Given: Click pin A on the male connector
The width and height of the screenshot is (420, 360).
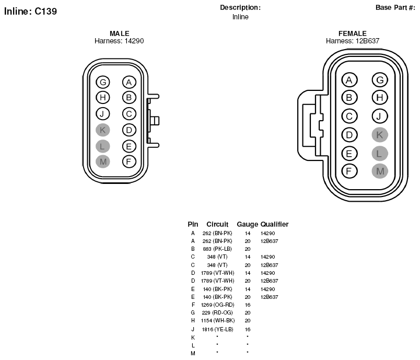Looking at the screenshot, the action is click(129, 82).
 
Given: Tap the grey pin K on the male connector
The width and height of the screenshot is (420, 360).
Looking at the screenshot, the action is click(102, 130).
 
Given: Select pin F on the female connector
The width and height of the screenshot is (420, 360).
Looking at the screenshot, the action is click(349, 171).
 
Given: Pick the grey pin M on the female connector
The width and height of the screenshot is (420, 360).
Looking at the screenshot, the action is click(380, 171).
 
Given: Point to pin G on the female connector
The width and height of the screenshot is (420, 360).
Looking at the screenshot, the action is click(380, 80).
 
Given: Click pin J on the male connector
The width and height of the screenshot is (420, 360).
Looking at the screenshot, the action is click(102, 114).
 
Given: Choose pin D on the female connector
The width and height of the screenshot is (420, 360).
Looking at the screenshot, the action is click(349, 135).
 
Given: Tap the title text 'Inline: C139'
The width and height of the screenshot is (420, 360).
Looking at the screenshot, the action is click(30, 11).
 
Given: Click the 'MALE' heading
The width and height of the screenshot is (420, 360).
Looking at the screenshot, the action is click(120, 33).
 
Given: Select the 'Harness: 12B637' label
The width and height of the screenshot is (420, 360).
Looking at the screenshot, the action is click(353, 41).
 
